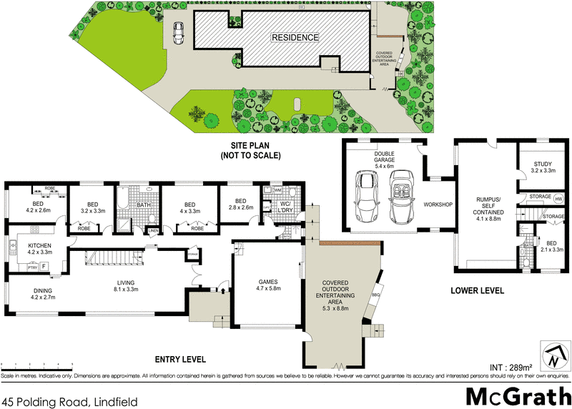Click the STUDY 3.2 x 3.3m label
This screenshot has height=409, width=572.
(543, 167)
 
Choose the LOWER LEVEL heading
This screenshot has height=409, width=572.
(478, 291)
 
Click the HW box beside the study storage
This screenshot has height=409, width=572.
(558, 197)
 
